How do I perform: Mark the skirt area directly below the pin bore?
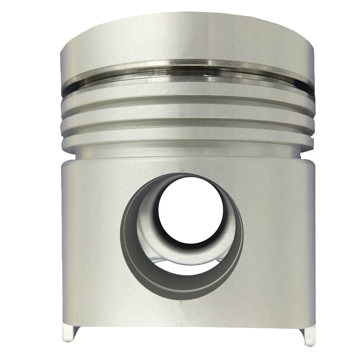tap(184, 313)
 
